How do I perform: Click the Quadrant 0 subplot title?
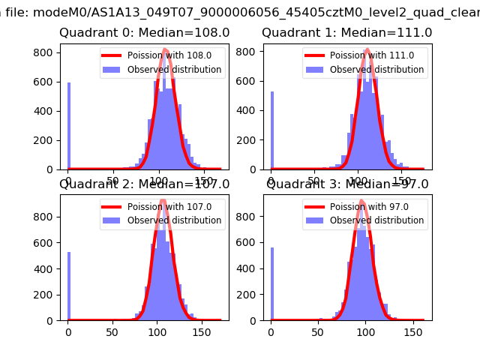pyautogui.click(x=145, y=33)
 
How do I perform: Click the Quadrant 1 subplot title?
pyautogui.click(x=347, y=33)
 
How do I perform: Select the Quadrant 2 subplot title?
pyautogui.click(x=145, y=184)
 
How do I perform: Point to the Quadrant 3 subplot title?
pyautogui.click(x=347, y=184)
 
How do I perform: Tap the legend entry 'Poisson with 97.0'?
pyautogui.click(x=363, y=207)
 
